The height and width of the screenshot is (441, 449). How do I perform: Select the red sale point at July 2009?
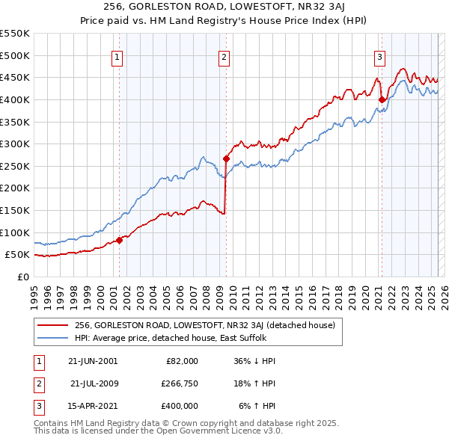coord(226,158)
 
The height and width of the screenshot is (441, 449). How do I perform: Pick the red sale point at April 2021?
coord(382,99)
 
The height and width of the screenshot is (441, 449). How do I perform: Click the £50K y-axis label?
coord(18,255)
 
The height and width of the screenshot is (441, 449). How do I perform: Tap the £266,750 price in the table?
coord(178,383)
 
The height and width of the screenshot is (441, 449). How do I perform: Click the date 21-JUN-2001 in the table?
coord(93,361)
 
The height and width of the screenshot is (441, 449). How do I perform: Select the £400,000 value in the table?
coord(178,406)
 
